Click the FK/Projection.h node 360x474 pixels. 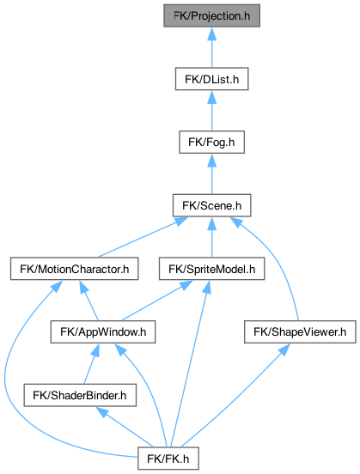tap(211, 15)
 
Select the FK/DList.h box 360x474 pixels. tap(211, 79)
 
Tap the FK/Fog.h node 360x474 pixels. tap(211, 142)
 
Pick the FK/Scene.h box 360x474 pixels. tap(211, 205)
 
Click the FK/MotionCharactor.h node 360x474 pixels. tap(75, 269)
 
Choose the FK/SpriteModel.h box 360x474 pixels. tap(211, 269)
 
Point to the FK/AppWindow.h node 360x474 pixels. tap(103, 332)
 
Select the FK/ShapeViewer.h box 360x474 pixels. tap(300, 332)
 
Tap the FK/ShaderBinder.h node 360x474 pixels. tap(80, 395)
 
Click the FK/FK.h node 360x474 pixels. tap(168, 459)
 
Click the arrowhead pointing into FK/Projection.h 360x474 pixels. tap(211, 33)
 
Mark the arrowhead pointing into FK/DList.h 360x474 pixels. tap(211, 97)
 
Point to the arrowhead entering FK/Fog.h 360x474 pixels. tap(211, 161)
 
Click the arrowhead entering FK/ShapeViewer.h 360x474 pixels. tap(284, 349)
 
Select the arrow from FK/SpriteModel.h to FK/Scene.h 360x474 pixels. tap(211, 237)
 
